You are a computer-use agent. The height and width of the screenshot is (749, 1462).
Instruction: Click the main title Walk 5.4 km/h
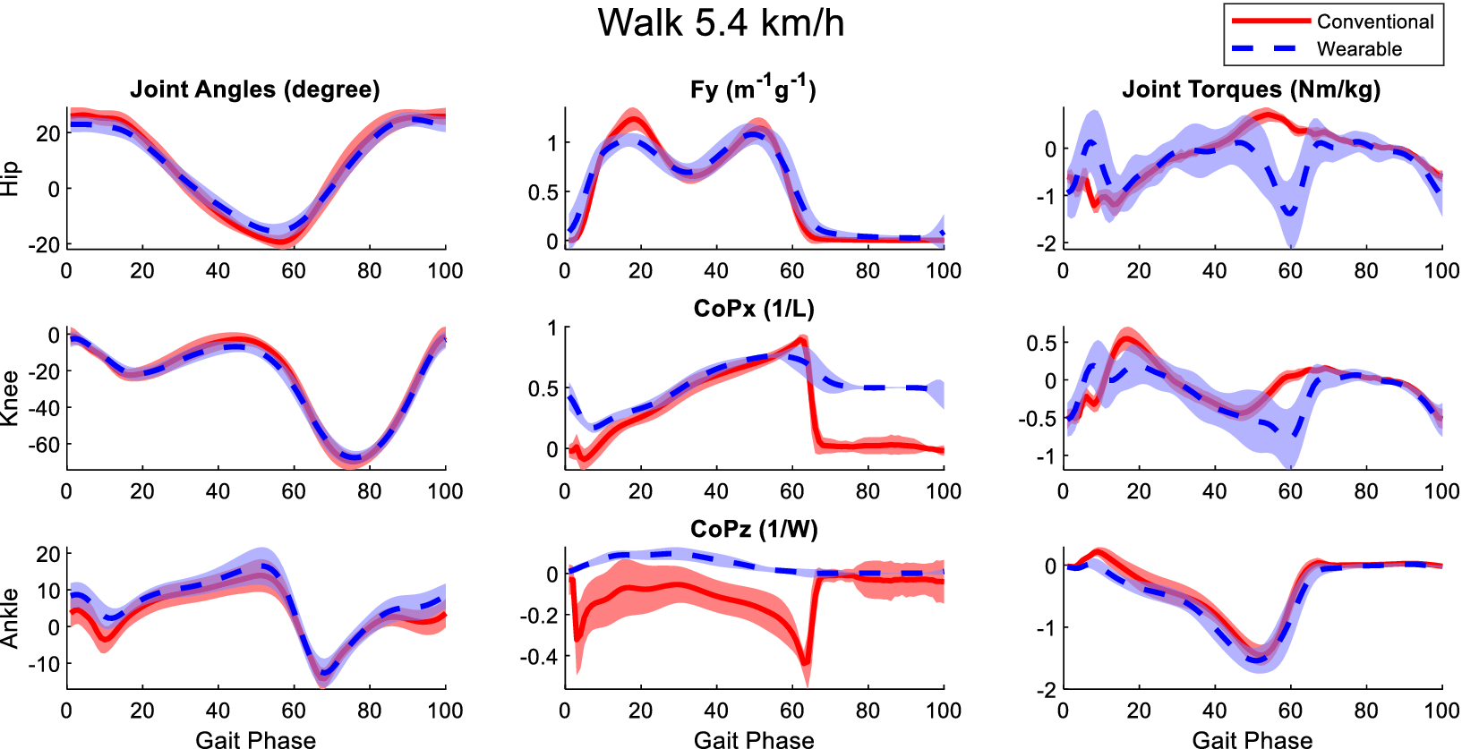tap(721, 23)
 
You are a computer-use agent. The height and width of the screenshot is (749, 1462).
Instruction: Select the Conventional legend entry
tap(1374, 21)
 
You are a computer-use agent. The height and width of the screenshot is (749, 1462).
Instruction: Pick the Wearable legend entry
tap(1358, 49)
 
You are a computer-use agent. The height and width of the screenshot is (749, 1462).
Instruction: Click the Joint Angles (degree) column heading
tap(255, 89)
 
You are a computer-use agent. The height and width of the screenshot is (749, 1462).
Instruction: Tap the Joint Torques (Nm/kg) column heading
tap(1251, 89)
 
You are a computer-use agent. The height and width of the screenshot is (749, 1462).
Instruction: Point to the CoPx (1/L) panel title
tap(753, 310)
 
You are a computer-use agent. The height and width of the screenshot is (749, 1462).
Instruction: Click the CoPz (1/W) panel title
tap(753, 530)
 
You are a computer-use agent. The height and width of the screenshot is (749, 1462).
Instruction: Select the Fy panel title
tap(753, 89)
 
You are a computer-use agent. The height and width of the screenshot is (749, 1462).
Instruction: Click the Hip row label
tap(10, 178)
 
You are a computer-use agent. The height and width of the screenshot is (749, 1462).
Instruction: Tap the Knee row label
tap(10, 398)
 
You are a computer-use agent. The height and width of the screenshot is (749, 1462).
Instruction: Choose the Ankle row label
tap(10, 617)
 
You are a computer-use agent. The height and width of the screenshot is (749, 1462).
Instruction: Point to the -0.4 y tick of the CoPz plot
tap(539, 657)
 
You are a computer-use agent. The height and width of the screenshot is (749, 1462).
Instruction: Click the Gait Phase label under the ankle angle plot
tap(255, 739)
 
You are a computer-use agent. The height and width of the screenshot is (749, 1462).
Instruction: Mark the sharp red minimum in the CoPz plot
tap(806, 663)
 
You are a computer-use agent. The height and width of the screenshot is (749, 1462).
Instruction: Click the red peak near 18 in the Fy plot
tap(633, 120)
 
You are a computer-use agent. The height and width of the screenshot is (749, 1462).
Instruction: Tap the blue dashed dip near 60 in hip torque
tap(1290, 212)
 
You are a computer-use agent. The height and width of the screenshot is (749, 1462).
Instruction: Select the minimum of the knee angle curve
tap(355, 459)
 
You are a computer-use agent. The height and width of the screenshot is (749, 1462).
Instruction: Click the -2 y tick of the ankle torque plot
tap(1046, 690)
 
